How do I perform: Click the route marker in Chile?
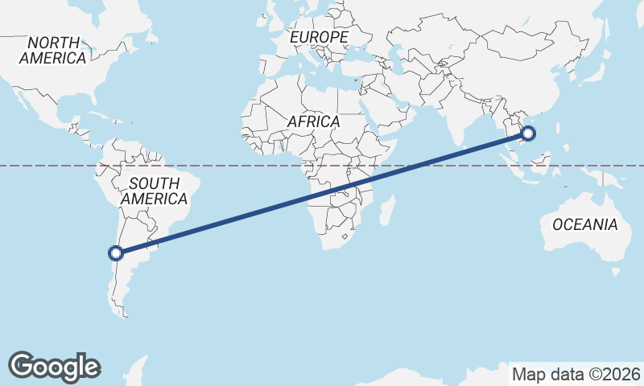point(117,253)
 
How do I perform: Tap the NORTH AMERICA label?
point(53,50)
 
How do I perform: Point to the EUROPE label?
point(319,37)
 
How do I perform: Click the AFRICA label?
point(313,121)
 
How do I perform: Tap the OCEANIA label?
point(585,224)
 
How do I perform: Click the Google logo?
point(54,366)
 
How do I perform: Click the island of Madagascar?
point(387,210)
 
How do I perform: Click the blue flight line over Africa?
point(338,190)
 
